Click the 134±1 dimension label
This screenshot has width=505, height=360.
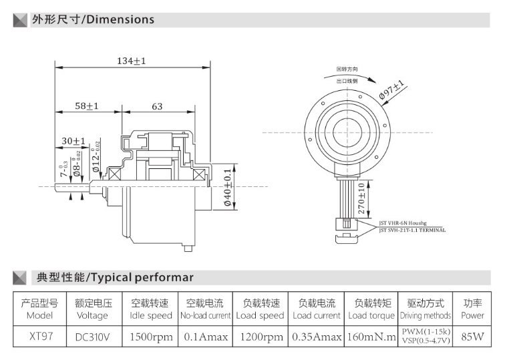pyautogui.click(x=131, y=61)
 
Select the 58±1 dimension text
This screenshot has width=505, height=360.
pyautogui.click(x=86, y=106)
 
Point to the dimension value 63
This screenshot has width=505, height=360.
pyautogui.click(x=157, y=106)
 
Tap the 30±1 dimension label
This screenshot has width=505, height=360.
pyautogui.click(x=73, y=141)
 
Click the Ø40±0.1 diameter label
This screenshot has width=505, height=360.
pyautogui.click(x=227, y=188)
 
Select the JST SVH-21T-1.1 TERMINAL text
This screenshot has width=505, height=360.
pyautogui.click(x=412, y=230)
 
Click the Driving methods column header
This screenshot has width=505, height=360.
pyautogui.click(x=426, y=315)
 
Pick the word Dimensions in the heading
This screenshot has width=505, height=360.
pyautogui.click(x=120, y=19)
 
